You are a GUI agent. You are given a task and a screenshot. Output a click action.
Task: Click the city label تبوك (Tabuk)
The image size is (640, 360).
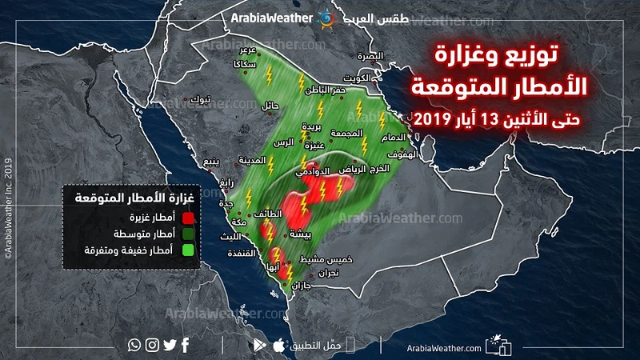[204, 99]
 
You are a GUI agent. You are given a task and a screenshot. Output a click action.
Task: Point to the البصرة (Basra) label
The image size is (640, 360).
[370, 57]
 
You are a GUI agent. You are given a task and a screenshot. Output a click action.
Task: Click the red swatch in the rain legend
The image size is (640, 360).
[188, 216]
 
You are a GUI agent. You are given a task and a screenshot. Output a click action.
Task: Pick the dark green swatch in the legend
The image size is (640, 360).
[188, 233]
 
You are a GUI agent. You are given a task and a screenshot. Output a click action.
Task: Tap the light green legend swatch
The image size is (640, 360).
[188, 250]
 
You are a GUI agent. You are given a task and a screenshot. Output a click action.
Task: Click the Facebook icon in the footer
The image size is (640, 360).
[186, 346]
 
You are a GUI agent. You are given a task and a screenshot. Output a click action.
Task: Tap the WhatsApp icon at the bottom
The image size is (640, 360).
[134, 346]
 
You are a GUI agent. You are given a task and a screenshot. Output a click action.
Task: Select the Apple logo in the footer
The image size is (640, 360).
[278, 346]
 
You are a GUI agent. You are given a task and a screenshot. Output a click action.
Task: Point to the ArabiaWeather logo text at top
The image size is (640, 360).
[272, 17]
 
